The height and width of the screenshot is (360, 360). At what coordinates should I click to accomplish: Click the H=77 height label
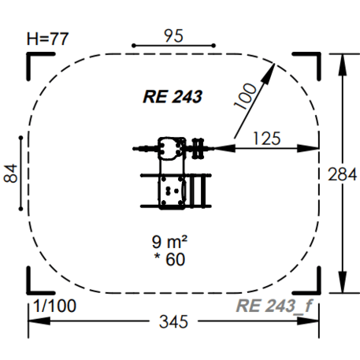pos(49,37)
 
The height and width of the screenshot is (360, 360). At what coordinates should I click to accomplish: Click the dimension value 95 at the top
pos(174,35)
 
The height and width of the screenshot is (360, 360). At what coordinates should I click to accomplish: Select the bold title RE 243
pos(173,98)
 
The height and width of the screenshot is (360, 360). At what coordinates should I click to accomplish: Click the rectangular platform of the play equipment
pos(173,191)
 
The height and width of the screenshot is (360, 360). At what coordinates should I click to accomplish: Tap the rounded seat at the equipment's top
pos(169,147)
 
